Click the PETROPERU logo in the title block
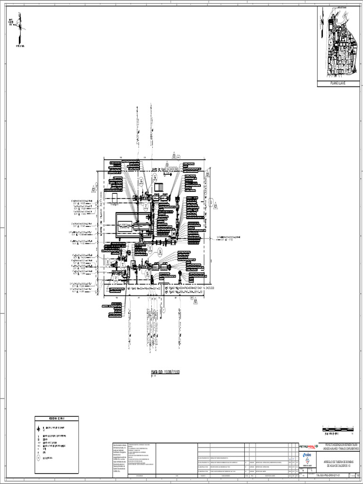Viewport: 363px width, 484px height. click(x=309, y=446)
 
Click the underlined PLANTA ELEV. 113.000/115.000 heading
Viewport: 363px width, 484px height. click(x=165, y=372)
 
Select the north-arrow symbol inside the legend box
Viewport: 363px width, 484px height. click(x=38, y=429)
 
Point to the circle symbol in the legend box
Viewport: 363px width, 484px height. click(x=38, y=458)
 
